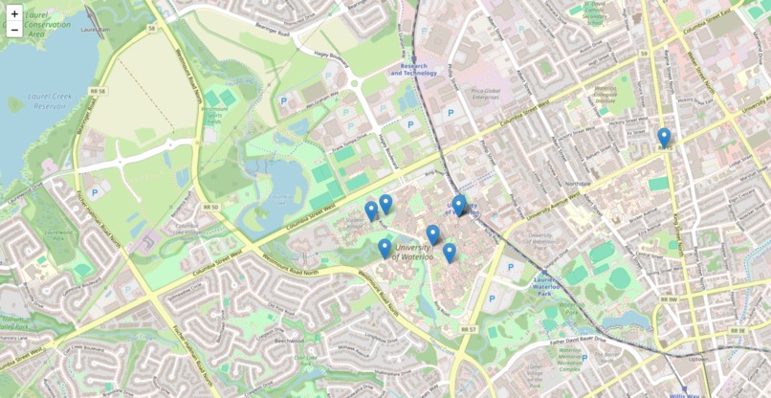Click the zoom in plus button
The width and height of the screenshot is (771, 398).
[14, 13]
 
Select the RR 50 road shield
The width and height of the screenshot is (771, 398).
[209, 207]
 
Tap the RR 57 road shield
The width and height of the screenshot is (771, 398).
[468, 329]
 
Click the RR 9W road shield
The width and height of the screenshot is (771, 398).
[668, 299]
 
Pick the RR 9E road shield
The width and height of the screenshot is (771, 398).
[736, 330]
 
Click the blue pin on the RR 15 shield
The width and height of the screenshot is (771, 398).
[664, 138]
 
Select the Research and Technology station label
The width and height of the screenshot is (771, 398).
[413, 69]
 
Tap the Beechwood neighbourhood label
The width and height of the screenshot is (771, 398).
[288, 340]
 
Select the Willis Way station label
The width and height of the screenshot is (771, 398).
[684, 394]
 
